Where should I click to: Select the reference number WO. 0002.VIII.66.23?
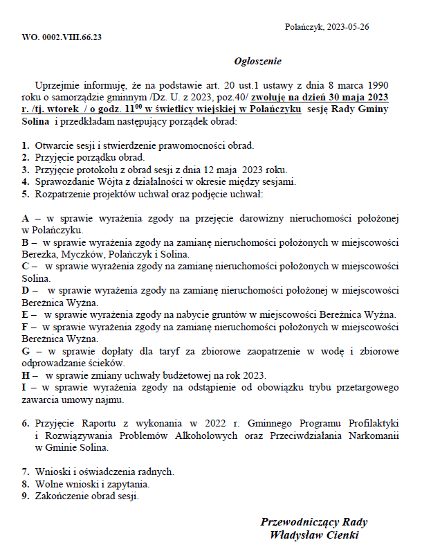62,37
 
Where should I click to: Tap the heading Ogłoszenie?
257,60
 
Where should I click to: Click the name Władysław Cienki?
315,535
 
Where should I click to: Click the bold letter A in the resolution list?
26,218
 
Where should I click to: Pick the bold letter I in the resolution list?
24,388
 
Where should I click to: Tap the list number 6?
25,422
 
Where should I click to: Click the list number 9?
25,496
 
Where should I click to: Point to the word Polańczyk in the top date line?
304,26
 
